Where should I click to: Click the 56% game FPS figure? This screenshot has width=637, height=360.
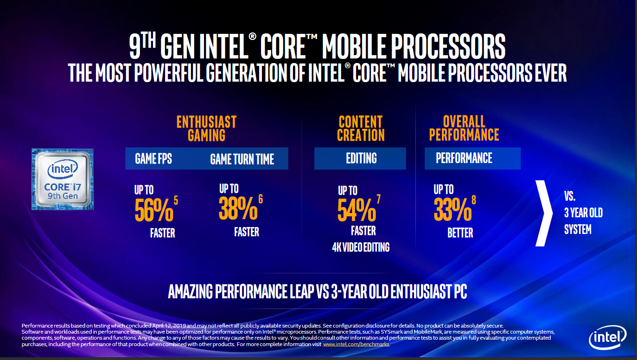pos(154,211)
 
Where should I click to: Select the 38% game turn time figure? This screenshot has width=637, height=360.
pos(238,209)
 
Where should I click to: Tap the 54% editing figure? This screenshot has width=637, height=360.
pos(357,210)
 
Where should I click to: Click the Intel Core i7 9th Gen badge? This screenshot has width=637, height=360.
pos(63,179)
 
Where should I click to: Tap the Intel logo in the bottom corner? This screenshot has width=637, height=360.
pos(607,338)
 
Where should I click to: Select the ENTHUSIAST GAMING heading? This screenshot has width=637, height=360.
pos(206,128)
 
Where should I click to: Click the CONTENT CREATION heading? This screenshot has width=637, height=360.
pos(361,128)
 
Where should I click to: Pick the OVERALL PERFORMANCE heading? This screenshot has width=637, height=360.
pos(464,128)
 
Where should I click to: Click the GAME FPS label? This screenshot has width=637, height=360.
pos(153,159)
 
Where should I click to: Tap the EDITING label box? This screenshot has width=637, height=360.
pos(361,158)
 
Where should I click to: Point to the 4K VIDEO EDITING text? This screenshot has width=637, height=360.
pos(361,247)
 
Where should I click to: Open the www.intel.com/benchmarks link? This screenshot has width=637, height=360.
pos(356,344)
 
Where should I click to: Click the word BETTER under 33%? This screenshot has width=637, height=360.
pos(460,233)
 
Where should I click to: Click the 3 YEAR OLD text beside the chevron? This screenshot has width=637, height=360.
pos(583,213)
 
